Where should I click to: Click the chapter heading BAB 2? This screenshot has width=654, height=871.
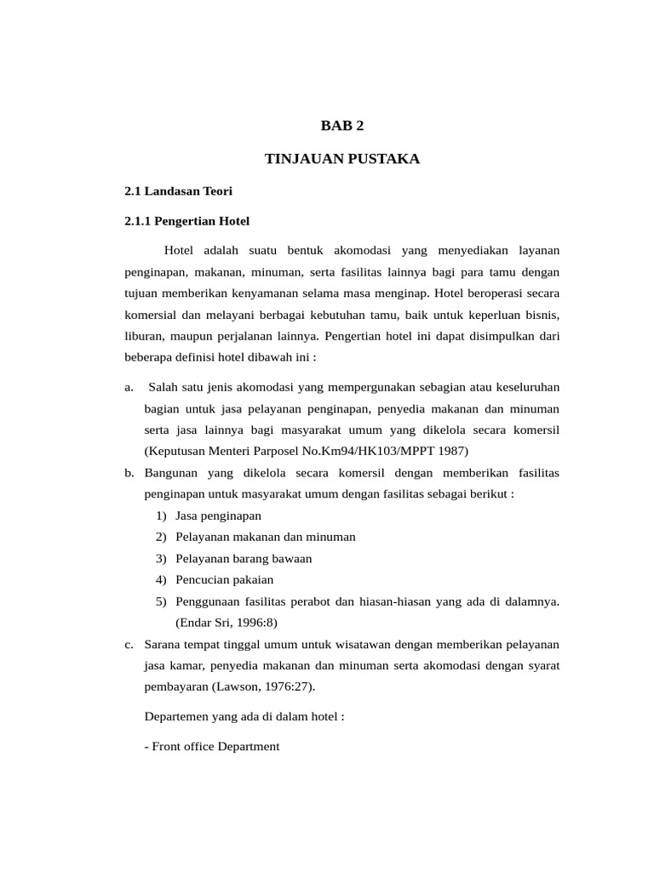click(x=341, y=126)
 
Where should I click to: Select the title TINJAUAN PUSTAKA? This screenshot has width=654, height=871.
click(x=341, y=159)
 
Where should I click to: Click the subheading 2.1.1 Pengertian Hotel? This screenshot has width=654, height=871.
click(x=186, y=221)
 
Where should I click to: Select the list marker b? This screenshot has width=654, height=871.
click(x=129, y=472)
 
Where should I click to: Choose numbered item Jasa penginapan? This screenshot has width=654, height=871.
click(x=218, y=515)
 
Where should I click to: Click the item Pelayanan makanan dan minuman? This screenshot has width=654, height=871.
click(x=265, y=537)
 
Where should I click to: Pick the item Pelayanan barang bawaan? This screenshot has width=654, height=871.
click(x=244, y=558)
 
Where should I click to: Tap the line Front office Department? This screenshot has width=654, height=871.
click(x=212, y=746)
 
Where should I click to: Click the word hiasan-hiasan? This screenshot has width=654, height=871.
click(x=418, y=601)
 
